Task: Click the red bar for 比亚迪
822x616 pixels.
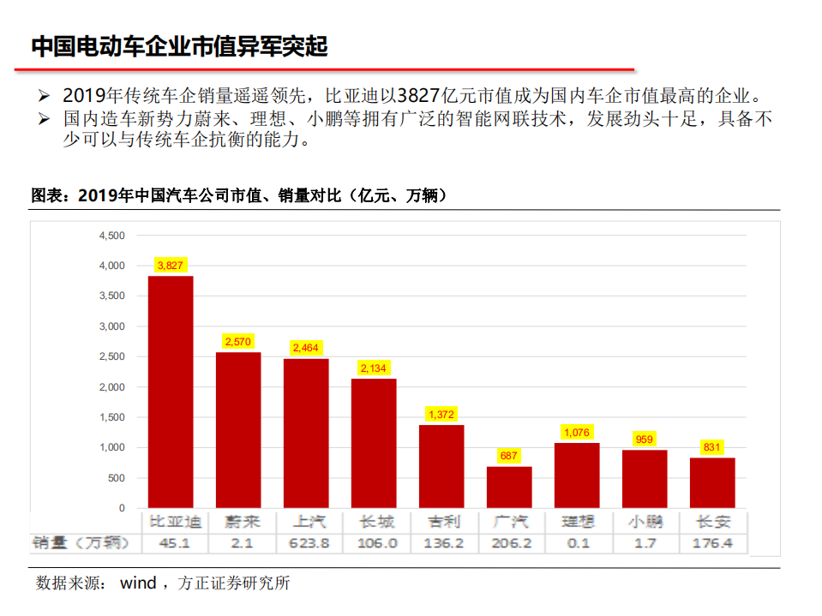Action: pos(171,392)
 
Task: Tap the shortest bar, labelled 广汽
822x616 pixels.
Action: pos(509,487)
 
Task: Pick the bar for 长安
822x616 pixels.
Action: pos(712,482)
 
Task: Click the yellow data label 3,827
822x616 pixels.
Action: pos(171,266)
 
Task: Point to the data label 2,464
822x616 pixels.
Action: pos(306,348)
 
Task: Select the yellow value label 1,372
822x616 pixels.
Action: pos(441,415)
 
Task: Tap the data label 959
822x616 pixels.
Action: pos(645,440)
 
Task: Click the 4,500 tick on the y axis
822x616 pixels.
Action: pos(112,236)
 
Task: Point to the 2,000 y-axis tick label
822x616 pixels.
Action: pos(112,387)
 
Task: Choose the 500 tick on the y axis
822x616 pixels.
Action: pos(116,478)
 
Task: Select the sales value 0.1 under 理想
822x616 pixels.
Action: pos(577,543)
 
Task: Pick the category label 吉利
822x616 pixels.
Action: pos(441,522)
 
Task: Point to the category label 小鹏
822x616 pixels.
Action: pos(645,522)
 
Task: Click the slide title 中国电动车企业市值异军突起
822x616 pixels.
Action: pos(179,46)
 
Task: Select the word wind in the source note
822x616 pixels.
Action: pos(137,583)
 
